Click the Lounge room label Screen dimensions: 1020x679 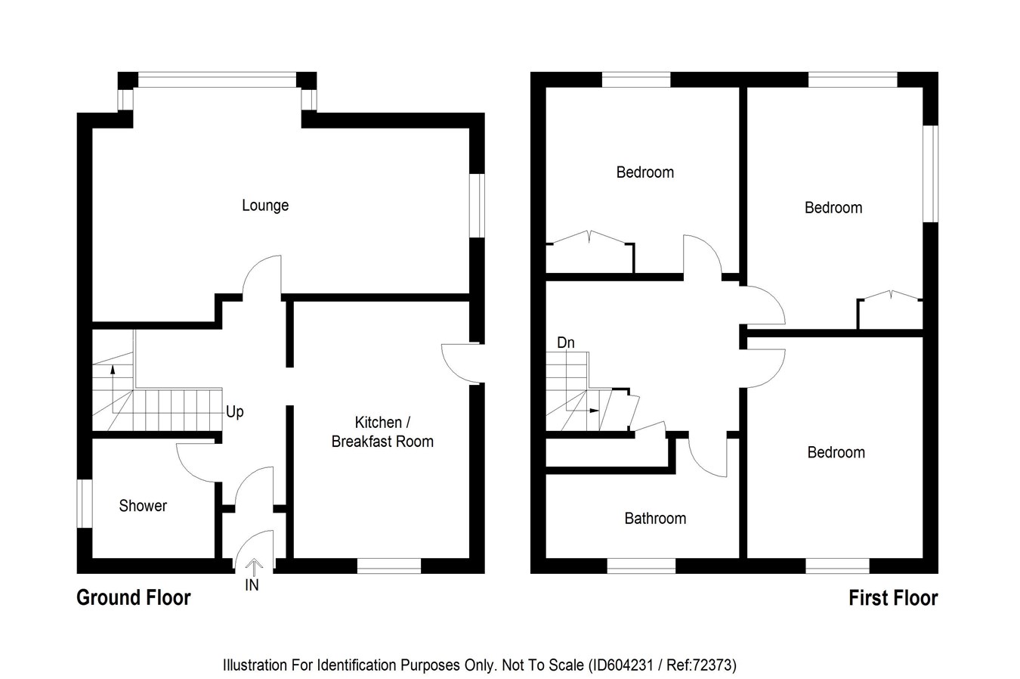pyautogui.click(x=265, y=206)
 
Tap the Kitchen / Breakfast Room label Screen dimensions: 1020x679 pyautogui.click(x=382, y=432)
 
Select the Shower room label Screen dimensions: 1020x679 pyautogui.click(x=143, y=506)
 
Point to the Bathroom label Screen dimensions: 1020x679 pyautogui.click(x=655, y=519)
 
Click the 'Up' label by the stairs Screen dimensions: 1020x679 pyautogui.click(x=235, y=412)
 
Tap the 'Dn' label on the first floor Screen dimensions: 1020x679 pyautogui.click(x=566, y=343)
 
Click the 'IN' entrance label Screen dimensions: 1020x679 pyautogui.click(x=252, y=585)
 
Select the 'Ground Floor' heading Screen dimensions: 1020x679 pyautogui.click(x=134, y=598)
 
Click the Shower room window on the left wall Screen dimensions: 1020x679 pyautogui.click(x=85, y=504)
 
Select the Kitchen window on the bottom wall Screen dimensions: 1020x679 pyautogui.click(x=388, y=566)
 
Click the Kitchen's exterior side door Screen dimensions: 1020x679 pyautogui.click(x=459, y=364)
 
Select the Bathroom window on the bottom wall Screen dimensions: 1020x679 pyautogui.click(x=641, y=566)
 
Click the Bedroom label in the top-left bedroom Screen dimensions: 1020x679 pyautogui.click(x=645, y=172)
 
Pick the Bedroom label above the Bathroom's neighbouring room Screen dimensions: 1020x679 pyautogui.click(x=836, y=452)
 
